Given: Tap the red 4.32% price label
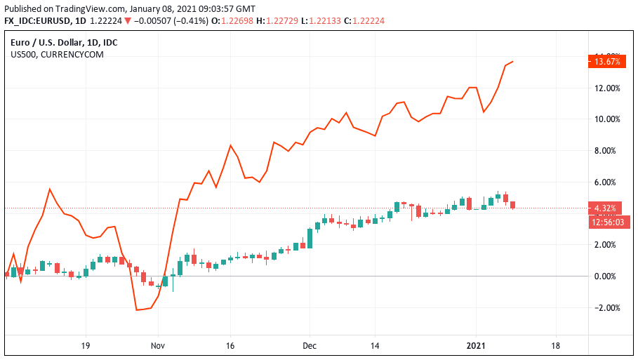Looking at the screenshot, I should pyautogui.click(x=605, y=208).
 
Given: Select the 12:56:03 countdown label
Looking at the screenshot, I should pyautogui.click(x=608, y=222).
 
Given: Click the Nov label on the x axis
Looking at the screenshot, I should pyautogui.click(x=158, y=345).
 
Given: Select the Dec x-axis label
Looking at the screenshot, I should pyautogui.click(x=310, y=345).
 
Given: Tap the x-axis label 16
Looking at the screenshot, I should pyautogui.click(x=230, y=345).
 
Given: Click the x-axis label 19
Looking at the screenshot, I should pyautogui.click(x=86, y=345).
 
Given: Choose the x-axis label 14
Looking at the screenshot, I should pyautogui.click(x=375, y=345).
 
